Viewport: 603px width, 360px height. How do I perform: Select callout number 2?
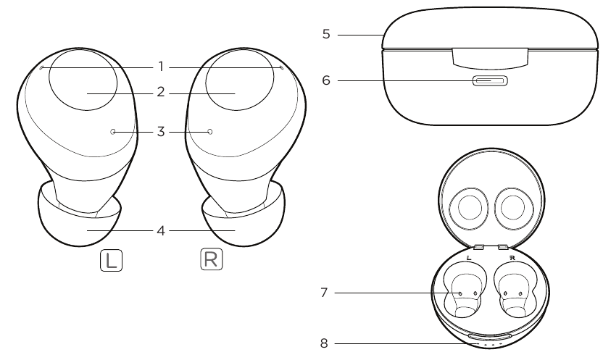click(x=161, y=93)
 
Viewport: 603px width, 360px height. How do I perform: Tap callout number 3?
click(x=161, y=132)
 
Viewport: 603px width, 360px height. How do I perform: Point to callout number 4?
click(x=161, y=231)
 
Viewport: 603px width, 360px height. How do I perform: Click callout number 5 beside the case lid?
click(x=327, y=33)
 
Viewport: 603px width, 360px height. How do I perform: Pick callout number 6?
click(x=327, y=81)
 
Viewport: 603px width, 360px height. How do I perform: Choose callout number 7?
click(x=328, y=293)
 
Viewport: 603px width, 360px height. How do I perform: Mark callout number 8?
click(x=328, y=344)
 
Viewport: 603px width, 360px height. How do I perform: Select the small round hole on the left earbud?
click(x=113, y=132)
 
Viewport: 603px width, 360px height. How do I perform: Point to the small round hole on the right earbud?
click(x=210, y=132)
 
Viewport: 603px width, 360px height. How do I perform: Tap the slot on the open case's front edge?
click(x=490, y=336)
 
